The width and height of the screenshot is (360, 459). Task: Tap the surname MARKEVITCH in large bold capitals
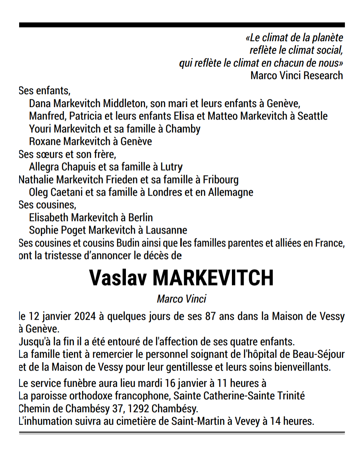213,278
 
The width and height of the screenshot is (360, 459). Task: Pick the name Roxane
45,142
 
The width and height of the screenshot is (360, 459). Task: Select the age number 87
210,316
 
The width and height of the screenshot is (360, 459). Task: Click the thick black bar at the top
182,25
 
